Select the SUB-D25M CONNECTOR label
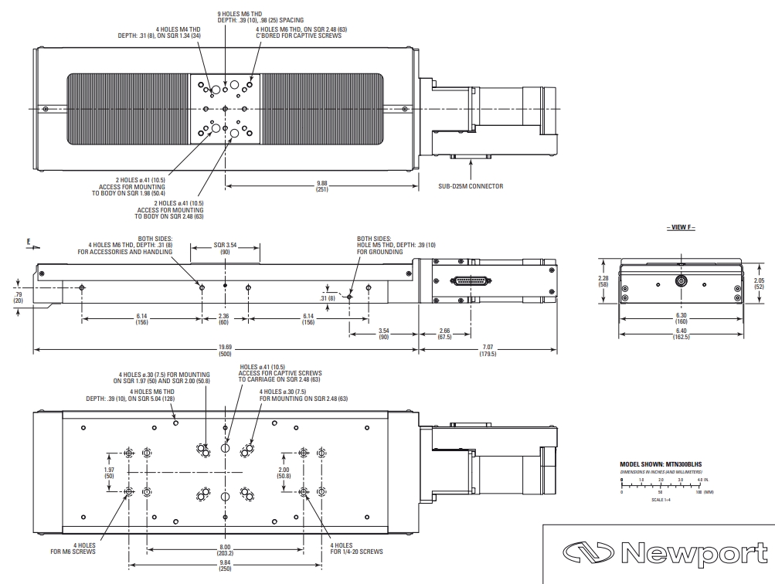[471, 186]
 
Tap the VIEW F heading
[680, 228]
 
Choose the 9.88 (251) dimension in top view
[321, 185]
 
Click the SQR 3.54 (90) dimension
[226, 249]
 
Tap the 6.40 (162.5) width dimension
[681, 338]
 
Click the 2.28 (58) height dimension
[604, 281]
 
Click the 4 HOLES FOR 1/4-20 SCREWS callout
[356, 548]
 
